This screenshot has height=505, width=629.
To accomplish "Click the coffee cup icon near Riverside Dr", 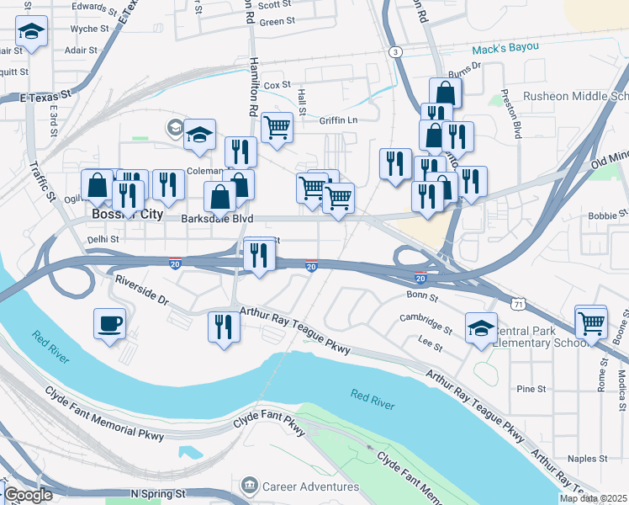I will pos(110,323).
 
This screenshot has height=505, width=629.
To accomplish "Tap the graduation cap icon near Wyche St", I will pos(31,33).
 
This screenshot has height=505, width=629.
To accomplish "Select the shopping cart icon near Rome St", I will pos(591,322).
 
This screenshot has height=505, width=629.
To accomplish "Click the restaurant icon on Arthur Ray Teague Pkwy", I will pos(224,325).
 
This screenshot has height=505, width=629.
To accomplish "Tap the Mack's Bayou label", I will pos(505,50).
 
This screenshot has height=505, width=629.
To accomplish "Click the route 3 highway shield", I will pos(394,52).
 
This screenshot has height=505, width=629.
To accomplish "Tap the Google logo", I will pos(29,495).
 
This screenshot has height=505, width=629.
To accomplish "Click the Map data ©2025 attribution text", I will pos(593,498).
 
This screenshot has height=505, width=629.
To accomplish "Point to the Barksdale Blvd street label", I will pos(217,218).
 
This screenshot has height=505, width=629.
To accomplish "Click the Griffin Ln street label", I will pos(338,120).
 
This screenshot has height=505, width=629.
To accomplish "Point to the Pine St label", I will pos(531,389).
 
